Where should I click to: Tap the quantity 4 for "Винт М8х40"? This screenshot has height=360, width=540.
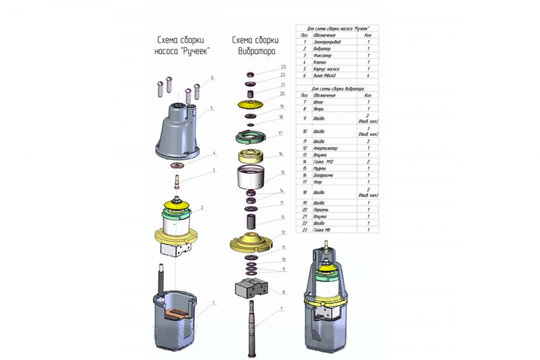pos(368,76)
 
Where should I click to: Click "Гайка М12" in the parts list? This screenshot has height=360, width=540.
pos(323,161)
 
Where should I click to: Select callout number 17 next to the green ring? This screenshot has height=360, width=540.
pos(280,133)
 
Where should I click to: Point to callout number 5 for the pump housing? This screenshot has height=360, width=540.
pos(212,108)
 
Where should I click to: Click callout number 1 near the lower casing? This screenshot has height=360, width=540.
pos(213,303)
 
